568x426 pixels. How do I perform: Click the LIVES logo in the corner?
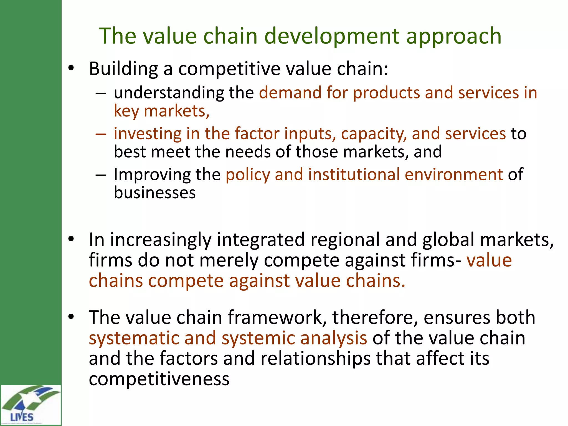click(31, 405)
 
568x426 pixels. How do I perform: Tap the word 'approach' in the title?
click(454, 36)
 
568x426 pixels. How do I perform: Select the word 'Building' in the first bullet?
click(123, 69)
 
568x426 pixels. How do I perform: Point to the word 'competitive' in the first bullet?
click(229, 69)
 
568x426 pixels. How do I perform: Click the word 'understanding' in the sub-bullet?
click(169, 93)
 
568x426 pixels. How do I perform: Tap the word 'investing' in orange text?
click(147, 134)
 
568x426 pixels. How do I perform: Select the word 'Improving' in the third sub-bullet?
click(152, 175)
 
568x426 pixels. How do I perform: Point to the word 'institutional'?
click(353, 175)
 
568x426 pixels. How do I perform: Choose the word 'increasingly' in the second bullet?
click(161, 240)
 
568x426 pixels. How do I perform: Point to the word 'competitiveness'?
click(159, 379)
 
